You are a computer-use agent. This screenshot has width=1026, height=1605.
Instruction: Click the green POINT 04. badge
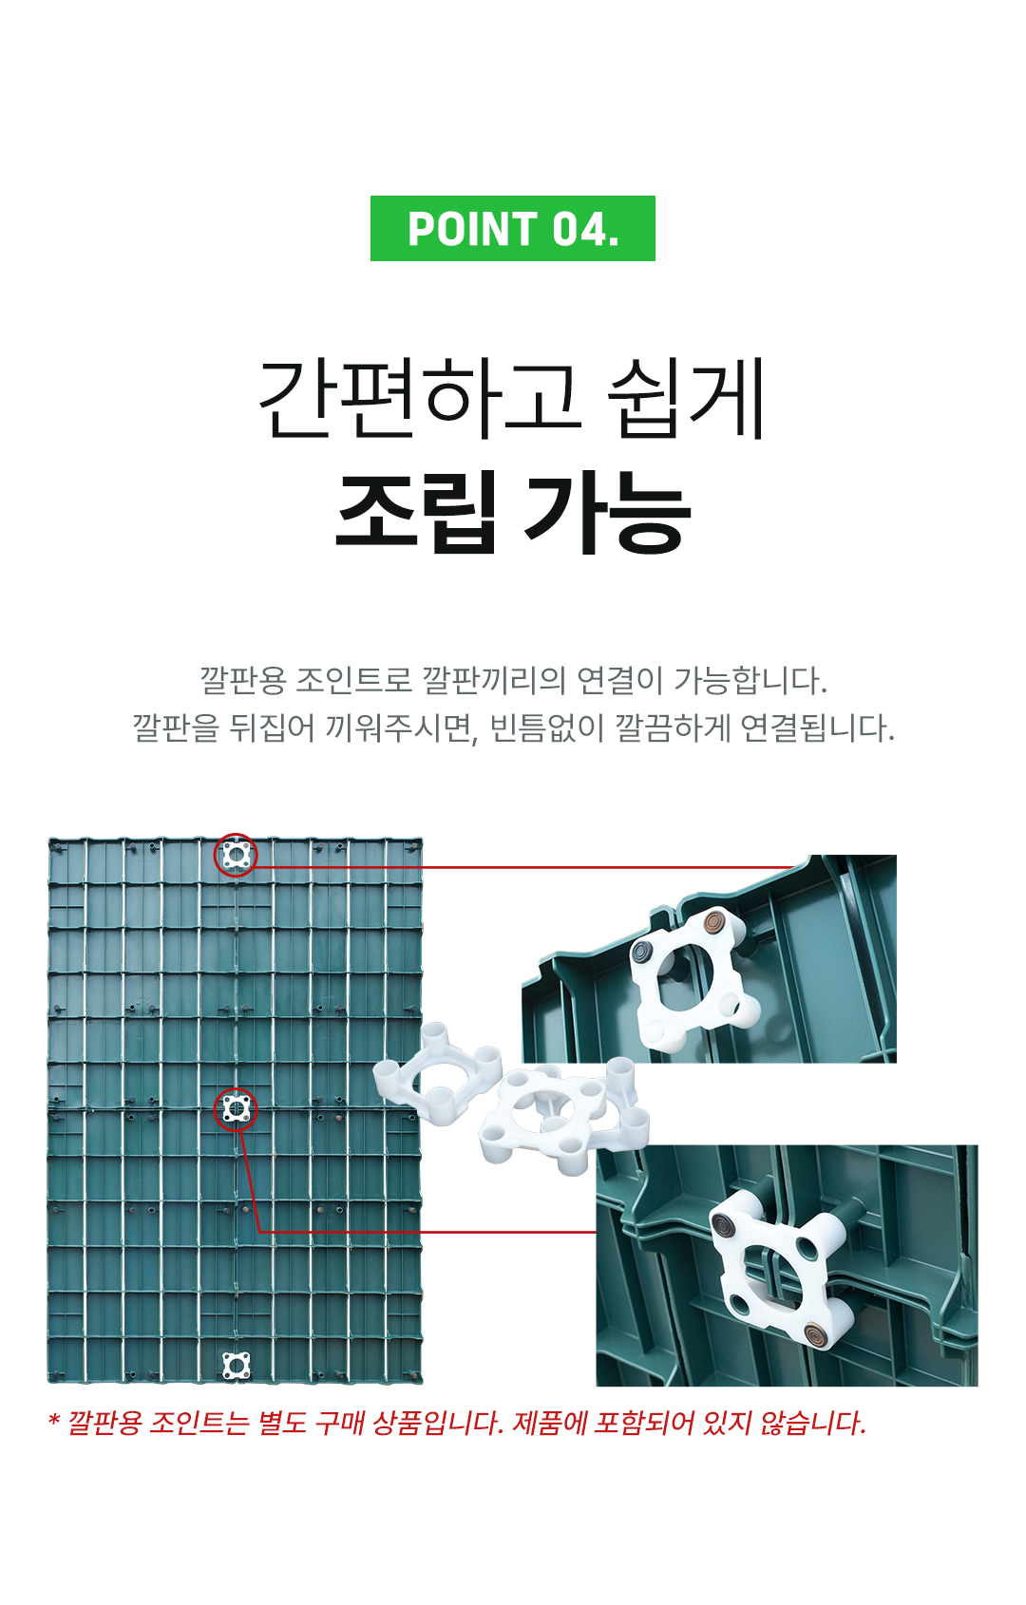pyautogui.click(x=512, y=228)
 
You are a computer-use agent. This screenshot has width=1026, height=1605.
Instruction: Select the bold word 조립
pyautogui.click(x=416, y=512)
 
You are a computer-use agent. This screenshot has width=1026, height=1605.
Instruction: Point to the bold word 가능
pyautogui.click(x=607, y=512)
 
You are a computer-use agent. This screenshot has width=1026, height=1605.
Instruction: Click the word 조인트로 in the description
pyautogui.click(x=352, y=680)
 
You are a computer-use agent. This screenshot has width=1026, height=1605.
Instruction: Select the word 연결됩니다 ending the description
pyautogui.click(x=817, y=728)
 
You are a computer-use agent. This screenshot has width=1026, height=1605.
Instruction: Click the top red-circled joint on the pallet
pyautogui.click(x=236, y=854)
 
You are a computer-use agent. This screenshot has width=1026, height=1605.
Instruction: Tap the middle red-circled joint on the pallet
pyautogui.click(x=236, y=1109)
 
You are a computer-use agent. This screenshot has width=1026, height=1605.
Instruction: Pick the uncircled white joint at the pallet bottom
pyautogui.click(x=236, y=1365)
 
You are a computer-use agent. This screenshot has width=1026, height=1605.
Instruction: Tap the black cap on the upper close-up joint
pyautogui.click(x=640, y=952)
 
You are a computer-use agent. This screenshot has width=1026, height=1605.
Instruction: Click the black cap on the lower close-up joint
pyautogui.click(x=720, y=1224)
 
